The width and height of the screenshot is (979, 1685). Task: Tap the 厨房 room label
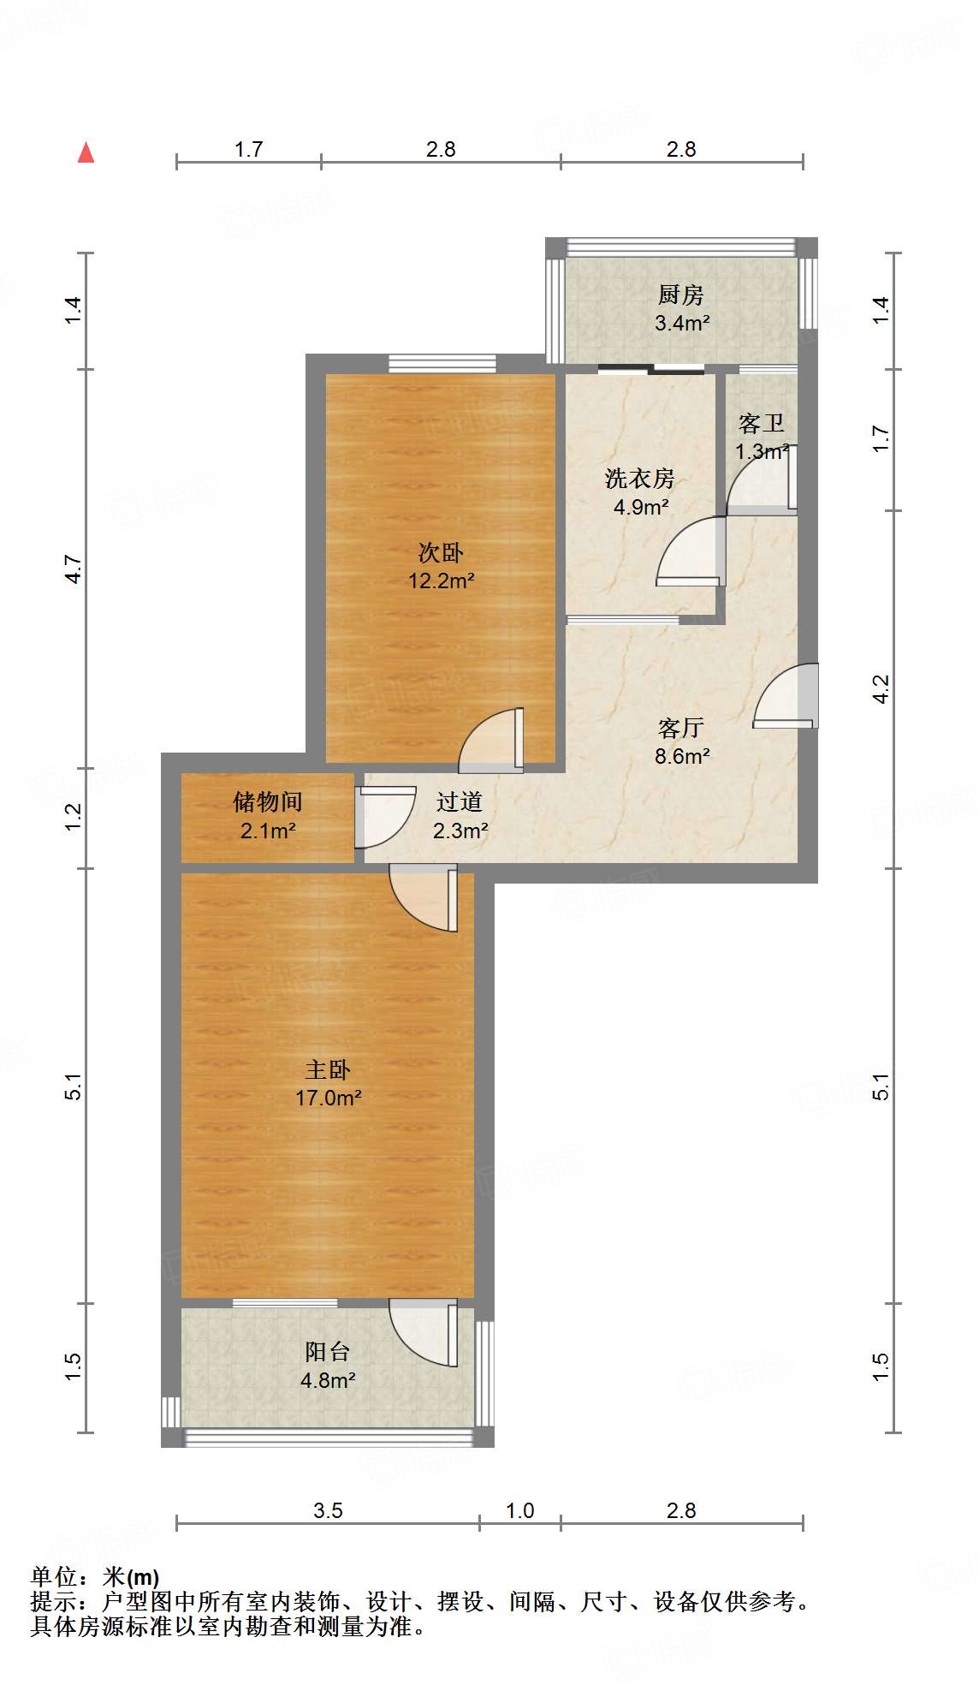[681, 295]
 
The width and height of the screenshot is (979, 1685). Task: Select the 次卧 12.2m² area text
[441, 581]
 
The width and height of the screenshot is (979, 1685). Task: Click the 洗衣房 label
[639, 479]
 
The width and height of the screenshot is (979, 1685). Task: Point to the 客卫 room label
[761, 423]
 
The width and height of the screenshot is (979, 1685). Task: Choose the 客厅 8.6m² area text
[682, 756]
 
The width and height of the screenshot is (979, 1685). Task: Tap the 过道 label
[460, 802]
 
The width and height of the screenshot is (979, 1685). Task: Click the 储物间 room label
[268, 802]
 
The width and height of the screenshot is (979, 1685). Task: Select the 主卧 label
[328, 1069]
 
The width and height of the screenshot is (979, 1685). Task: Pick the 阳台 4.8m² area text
[328, 1380]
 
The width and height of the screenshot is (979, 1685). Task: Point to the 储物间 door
[385, 817]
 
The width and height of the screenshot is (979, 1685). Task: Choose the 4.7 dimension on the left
[74, 569]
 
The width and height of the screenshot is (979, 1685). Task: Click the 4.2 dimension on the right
[881, 689]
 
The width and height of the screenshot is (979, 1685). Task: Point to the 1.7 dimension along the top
[248, 150]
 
